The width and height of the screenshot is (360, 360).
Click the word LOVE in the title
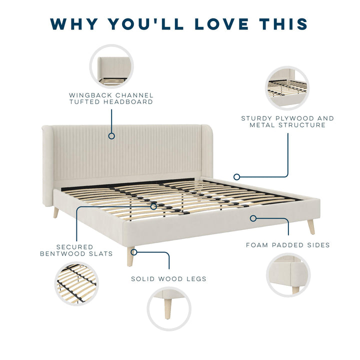[222, 24]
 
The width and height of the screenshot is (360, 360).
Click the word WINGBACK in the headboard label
[90, 95]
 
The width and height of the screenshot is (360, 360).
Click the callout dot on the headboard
[111, 136]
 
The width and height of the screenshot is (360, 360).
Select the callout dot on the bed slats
[153, 206]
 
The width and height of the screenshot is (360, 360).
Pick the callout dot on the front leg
[134, 252]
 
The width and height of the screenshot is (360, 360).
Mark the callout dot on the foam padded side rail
[253, 218]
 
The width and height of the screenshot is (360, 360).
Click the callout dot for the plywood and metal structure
[236, 177]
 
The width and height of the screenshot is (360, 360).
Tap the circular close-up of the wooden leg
[169, 308]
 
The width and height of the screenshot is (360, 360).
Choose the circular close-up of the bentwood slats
[76, 284]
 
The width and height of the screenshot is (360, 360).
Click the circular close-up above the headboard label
[111, 66]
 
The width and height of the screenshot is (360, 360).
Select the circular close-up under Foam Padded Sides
[288, 275]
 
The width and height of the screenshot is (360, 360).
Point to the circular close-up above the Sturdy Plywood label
[287, 88]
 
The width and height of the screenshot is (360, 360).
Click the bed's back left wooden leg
[56, 212]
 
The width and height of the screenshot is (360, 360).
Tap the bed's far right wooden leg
[311, 227]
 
